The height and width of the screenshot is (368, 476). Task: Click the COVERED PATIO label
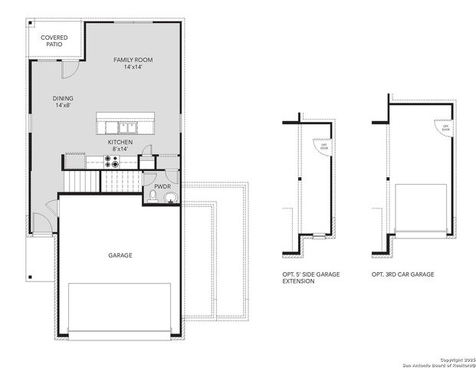pos(54,41)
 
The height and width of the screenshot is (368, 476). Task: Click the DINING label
pos(64,98)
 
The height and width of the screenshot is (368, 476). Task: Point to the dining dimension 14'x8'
pos(64,106)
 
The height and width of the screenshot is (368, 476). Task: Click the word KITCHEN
pos(120,143)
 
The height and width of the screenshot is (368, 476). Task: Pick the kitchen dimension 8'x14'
pos(120,150)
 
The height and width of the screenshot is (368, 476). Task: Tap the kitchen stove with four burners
pos(113,162)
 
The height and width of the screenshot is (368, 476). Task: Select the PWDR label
pos(162,186)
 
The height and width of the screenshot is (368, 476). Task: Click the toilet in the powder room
pos(154,199)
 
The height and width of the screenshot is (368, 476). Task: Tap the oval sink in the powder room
pos(170,200)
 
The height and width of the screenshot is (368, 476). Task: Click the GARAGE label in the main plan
pos(120,255)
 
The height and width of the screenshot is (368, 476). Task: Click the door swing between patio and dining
pos(68,70)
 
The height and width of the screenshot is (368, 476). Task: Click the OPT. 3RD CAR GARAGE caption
pos(402,274)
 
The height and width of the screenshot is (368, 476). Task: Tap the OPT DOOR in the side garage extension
pos(324,146)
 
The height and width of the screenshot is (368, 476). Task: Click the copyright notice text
pos(442,359)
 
